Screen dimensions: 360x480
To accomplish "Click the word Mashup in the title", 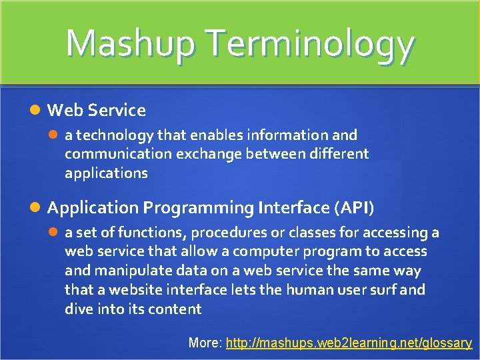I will pyautogui.click(x=130, y=43).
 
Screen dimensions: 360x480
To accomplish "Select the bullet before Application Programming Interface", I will pyautogui.click(x=39, y=208).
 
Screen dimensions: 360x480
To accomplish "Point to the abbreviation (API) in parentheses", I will pyautogui.click(x=353, y=208).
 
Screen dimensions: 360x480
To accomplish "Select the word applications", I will pyautogui.click(x=106, y=173).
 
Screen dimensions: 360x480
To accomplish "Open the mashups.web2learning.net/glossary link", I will pyautogui.click(x=349, y=343).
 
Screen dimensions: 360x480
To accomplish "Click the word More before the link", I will pyautogui.click(x=204, y=343).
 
